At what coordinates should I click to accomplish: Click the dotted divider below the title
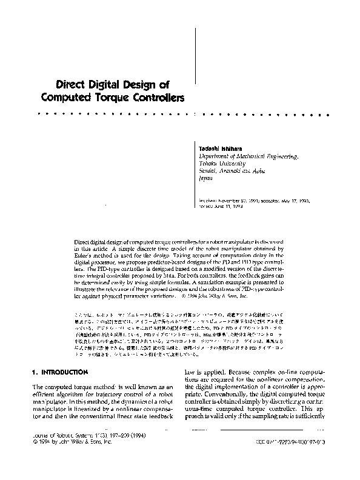(185, 114)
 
